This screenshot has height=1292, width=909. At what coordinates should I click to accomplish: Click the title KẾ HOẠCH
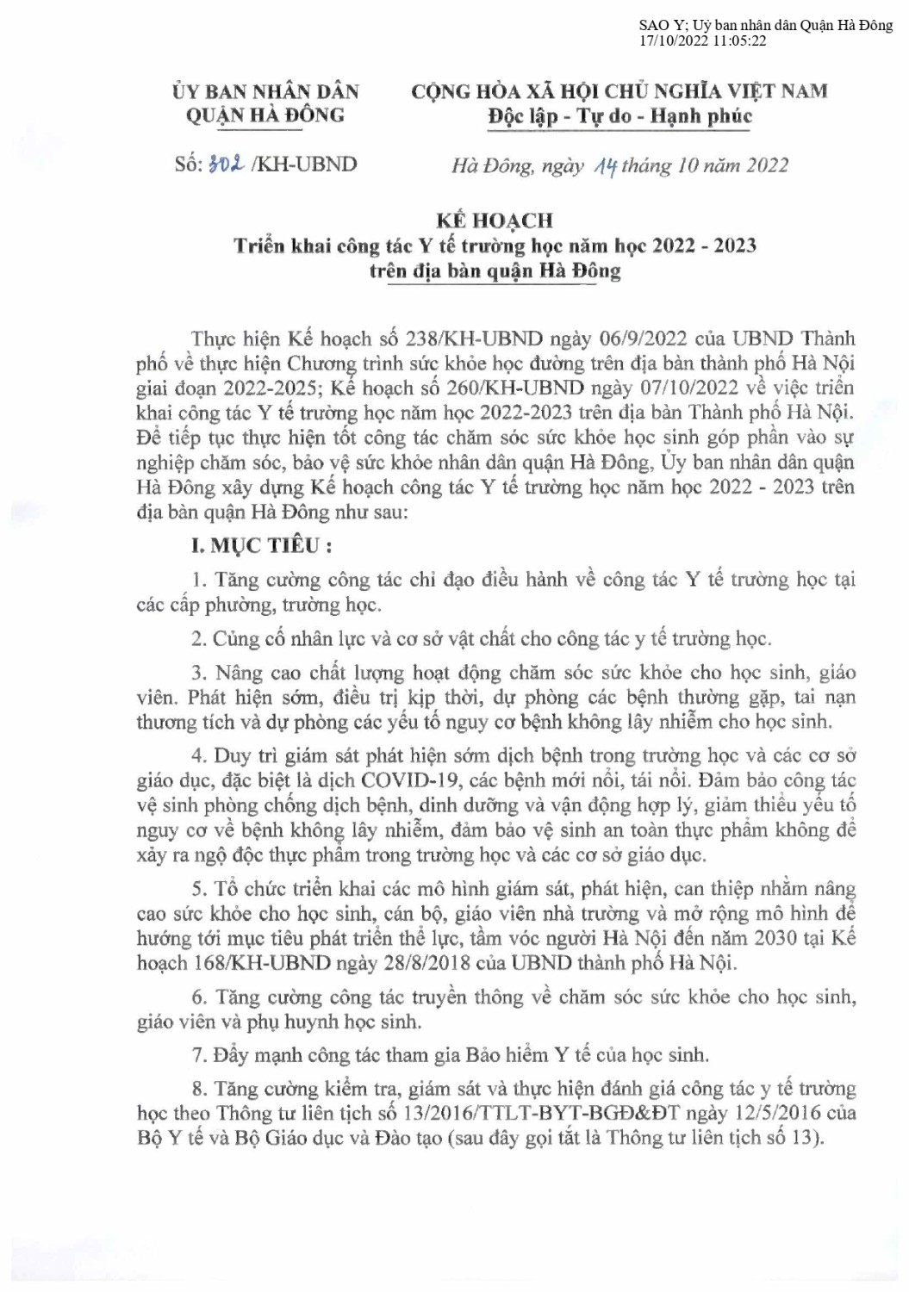tap(494, 221)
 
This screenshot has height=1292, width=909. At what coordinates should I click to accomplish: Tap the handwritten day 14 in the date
tap(603, 166)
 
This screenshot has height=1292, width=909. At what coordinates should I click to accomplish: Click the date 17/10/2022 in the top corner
tap(669, 40)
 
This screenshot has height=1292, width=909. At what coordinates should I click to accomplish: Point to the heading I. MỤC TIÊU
tap(261, 545)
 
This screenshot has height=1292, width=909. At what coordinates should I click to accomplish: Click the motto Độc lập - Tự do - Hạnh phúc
tap(619, 116)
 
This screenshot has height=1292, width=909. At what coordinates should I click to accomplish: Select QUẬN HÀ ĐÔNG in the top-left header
tap(265, 115)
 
